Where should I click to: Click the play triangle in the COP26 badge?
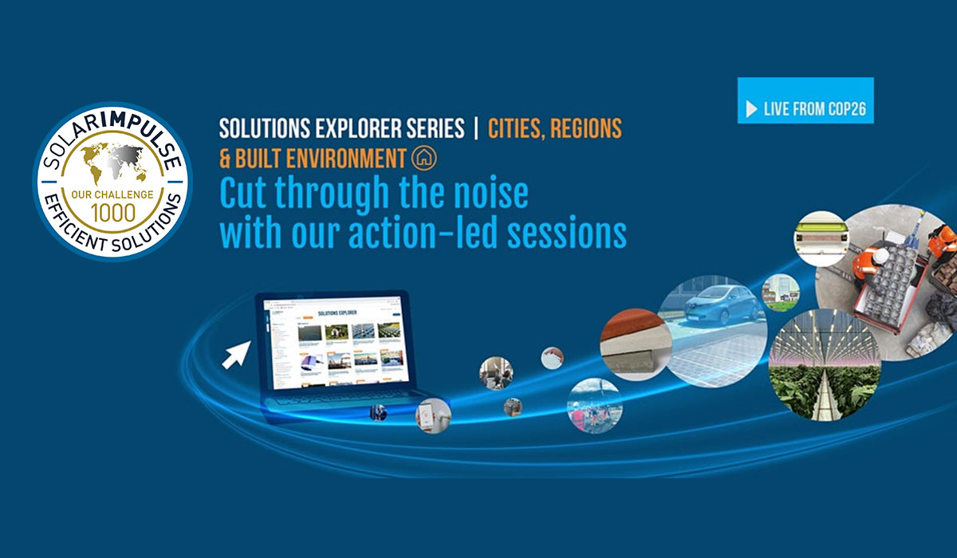(751, 109)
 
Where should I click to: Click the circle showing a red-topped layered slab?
(632, 346)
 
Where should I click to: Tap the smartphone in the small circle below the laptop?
(434, 415)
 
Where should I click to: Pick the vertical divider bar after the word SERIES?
(476, 127)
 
